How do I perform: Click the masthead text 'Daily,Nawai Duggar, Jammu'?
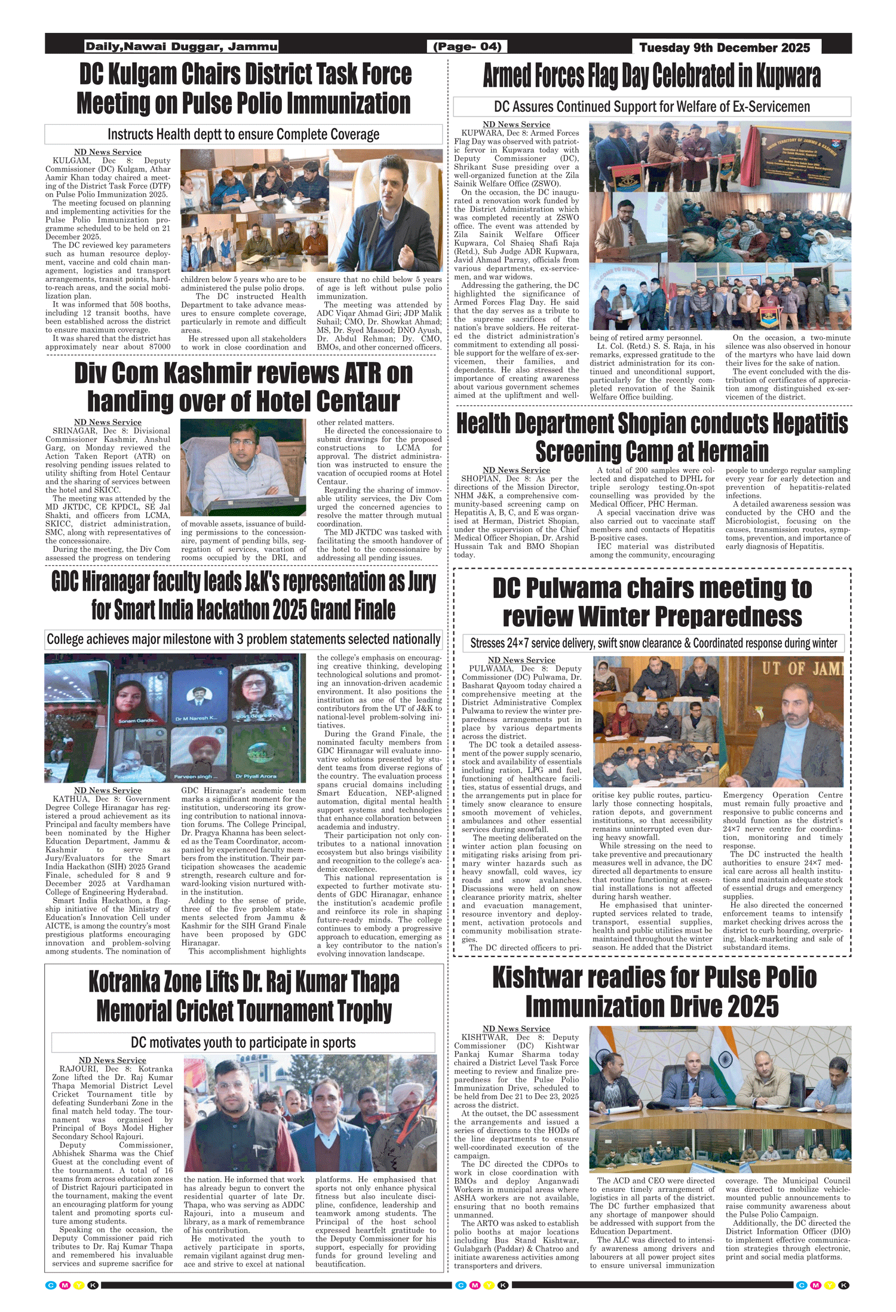tap(181, 47)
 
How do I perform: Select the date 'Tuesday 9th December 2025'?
tap(724, 48)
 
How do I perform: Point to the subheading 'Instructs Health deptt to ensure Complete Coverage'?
tap(243, 134)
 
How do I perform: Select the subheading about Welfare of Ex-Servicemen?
tap(652, 107)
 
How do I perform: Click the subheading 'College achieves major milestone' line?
tap(243, 639)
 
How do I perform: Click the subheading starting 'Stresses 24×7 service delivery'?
tap(653, 643)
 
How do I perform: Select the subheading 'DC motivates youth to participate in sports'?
tap(243, 1043)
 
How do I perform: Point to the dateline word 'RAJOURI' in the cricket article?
tap(80, 1069)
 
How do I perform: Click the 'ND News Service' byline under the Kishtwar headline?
tap(516, 1029)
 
